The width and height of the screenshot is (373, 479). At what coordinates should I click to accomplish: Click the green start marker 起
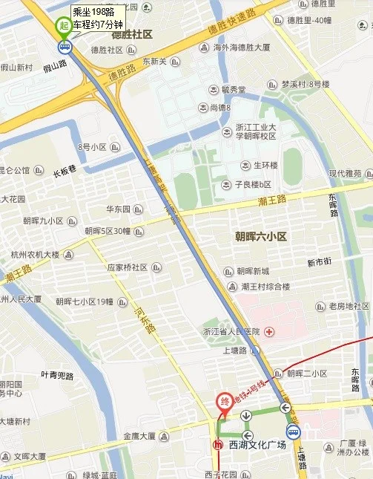[x=65, y=25]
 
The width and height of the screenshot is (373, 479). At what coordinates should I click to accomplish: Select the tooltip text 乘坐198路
[x=93, y=12]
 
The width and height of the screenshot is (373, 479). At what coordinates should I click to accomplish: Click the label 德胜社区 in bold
[x=131, y=34]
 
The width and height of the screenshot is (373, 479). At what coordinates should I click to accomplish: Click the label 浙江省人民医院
[x=231, y=331]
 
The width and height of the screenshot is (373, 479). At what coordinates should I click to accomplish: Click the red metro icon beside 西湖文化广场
[x=218, y=446]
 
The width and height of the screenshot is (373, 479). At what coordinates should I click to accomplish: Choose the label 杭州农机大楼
[x=35, y=254]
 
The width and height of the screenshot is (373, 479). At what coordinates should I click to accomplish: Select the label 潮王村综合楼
[x=265, y=286]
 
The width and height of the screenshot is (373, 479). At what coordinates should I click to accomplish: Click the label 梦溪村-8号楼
[x=306, y=84]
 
